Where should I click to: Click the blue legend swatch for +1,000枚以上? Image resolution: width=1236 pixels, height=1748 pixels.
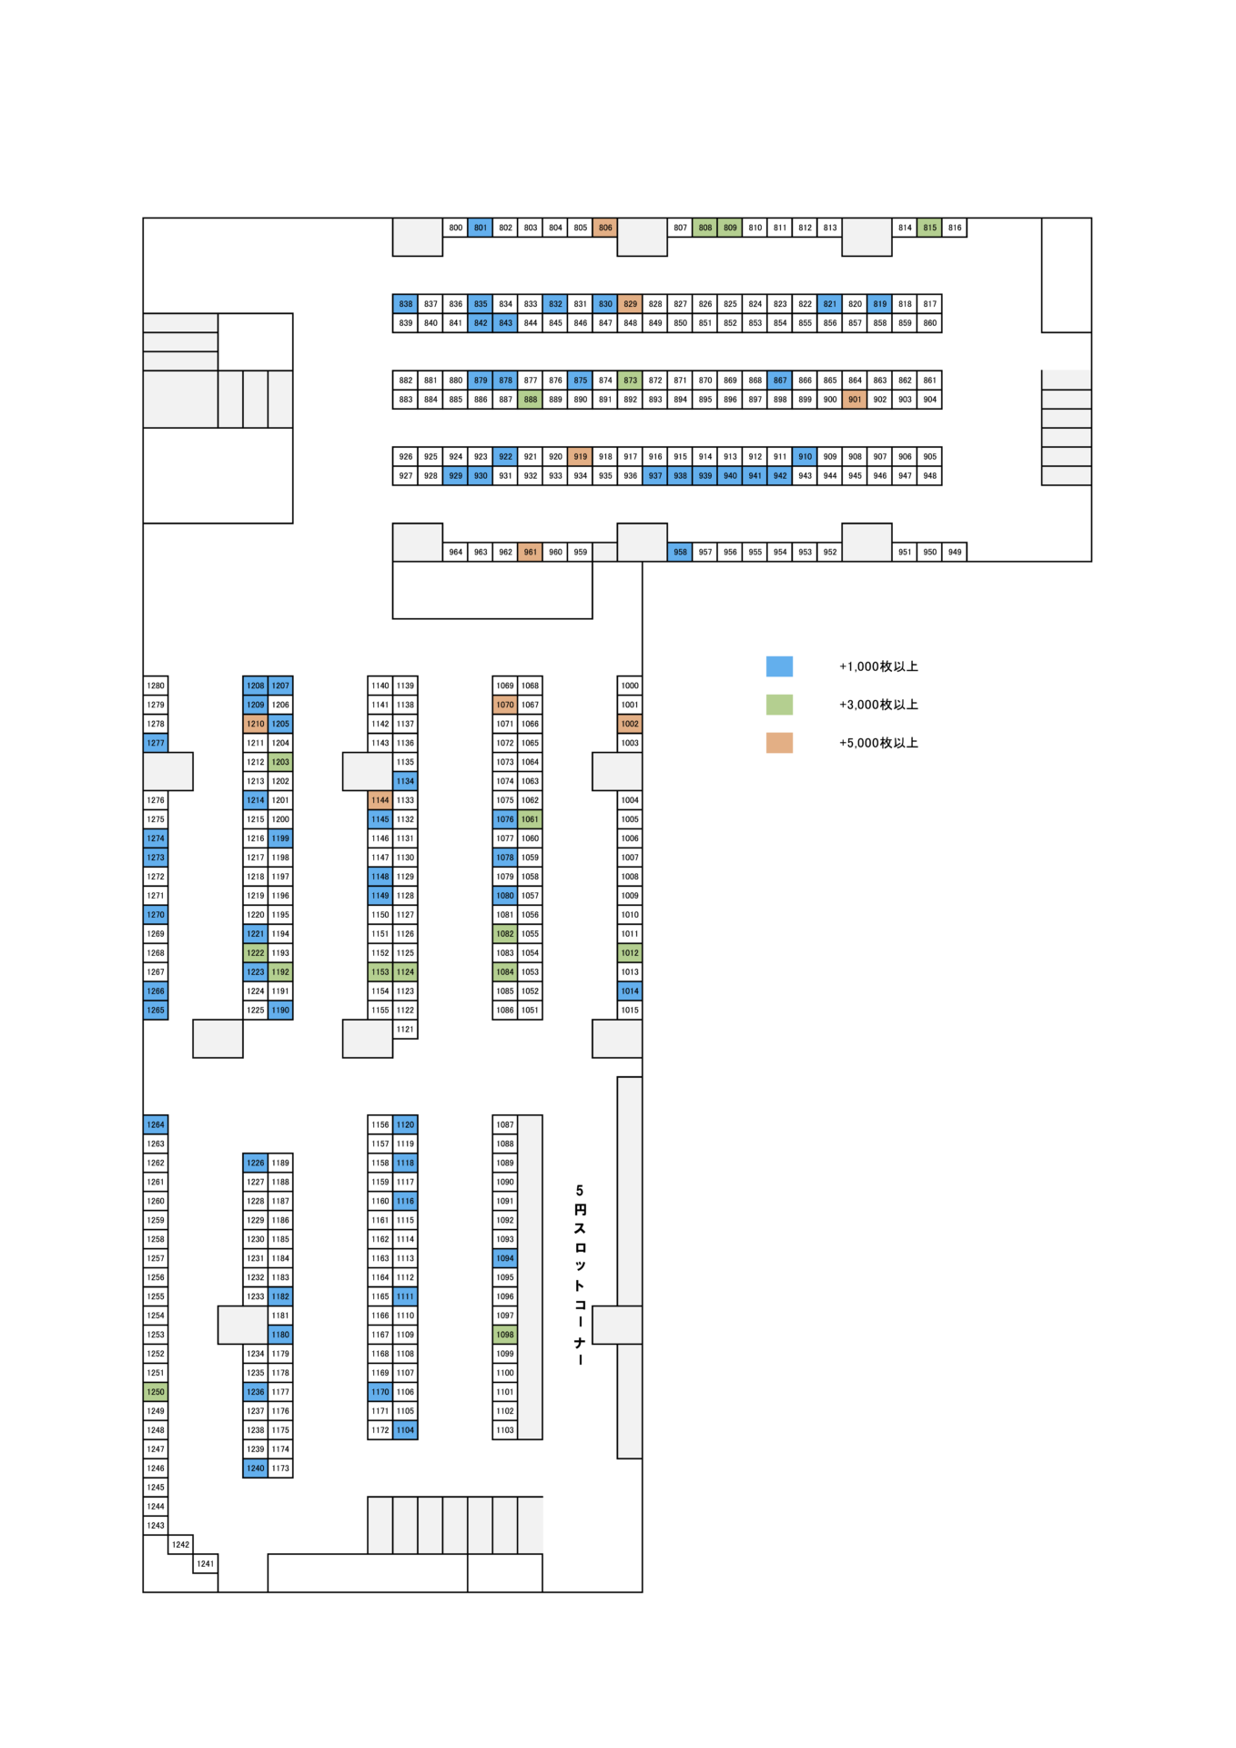[779, 666]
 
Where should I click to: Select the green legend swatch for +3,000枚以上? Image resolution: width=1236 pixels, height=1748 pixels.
[779, 705]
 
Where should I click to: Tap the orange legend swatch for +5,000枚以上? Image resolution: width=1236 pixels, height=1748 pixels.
[779, 743]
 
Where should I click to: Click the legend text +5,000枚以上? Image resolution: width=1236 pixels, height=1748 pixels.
[878, 743]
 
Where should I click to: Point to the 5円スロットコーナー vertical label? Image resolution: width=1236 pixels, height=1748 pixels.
[580, 1275]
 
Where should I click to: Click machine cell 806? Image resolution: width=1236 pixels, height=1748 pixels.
[605, 228]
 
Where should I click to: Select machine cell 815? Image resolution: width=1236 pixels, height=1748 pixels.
[929, 228]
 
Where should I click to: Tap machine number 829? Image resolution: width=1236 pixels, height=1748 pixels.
[630, 304]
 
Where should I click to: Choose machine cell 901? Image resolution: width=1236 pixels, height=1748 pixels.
[855, 400]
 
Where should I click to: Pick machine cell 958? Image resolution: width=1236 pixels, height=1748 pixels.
[680, 552]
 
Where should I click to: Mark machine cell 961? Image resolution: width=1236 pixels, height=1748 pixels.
[531, 552]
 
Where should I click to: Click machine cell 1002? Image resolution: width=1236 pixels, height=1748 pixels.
[630, 724]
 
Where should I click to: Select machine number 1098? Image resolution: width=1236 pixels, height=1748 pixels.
[505, 1335]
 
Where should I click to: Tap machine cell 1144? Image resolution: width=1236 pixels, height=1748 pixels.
[380, 800]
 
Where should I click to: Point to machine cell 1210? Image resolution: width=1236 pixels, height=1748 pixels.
[256, 724]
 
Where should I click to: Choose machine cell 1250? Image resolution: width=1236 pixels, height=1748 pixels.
[156, 1392]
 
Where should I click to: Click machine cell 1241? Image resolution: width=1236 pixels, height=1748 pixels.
[206, 1564]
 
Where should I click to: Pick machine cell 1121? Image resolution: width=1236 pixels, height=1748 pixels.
[405, 1030]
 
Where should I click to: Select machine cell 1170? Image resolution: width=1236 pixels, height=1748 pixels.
[380, 1392]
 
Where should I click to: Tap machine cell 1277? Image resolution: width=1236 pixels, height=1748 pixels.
[156, 743]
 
